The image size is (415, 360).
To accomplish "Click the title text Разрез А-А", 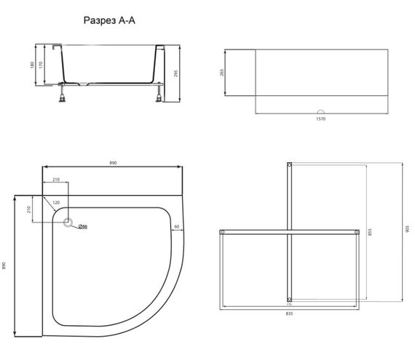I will pos(109,21).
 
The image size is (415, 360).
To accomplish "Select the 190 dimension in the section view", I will pos(33,65).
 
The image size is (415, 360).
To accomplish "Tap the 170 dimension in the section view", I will pos(43,65).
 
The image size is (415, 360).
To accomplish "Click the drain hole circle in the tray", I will pos(71,225).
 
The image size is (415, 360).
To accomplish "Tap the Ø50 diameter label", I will pos(83,225).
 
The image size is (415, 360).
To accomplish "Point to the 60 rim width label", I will pos(177,225).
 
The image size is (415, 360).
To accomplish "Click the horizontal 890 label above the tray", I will pos(113,164).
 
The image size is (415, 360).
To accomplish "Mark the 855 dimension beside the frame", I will pos(371,233).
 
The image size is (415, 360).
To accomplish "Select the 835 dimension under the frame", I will pos(289,313).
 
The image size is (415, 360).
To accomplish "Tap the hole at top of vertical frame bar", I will pos(290,167).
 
